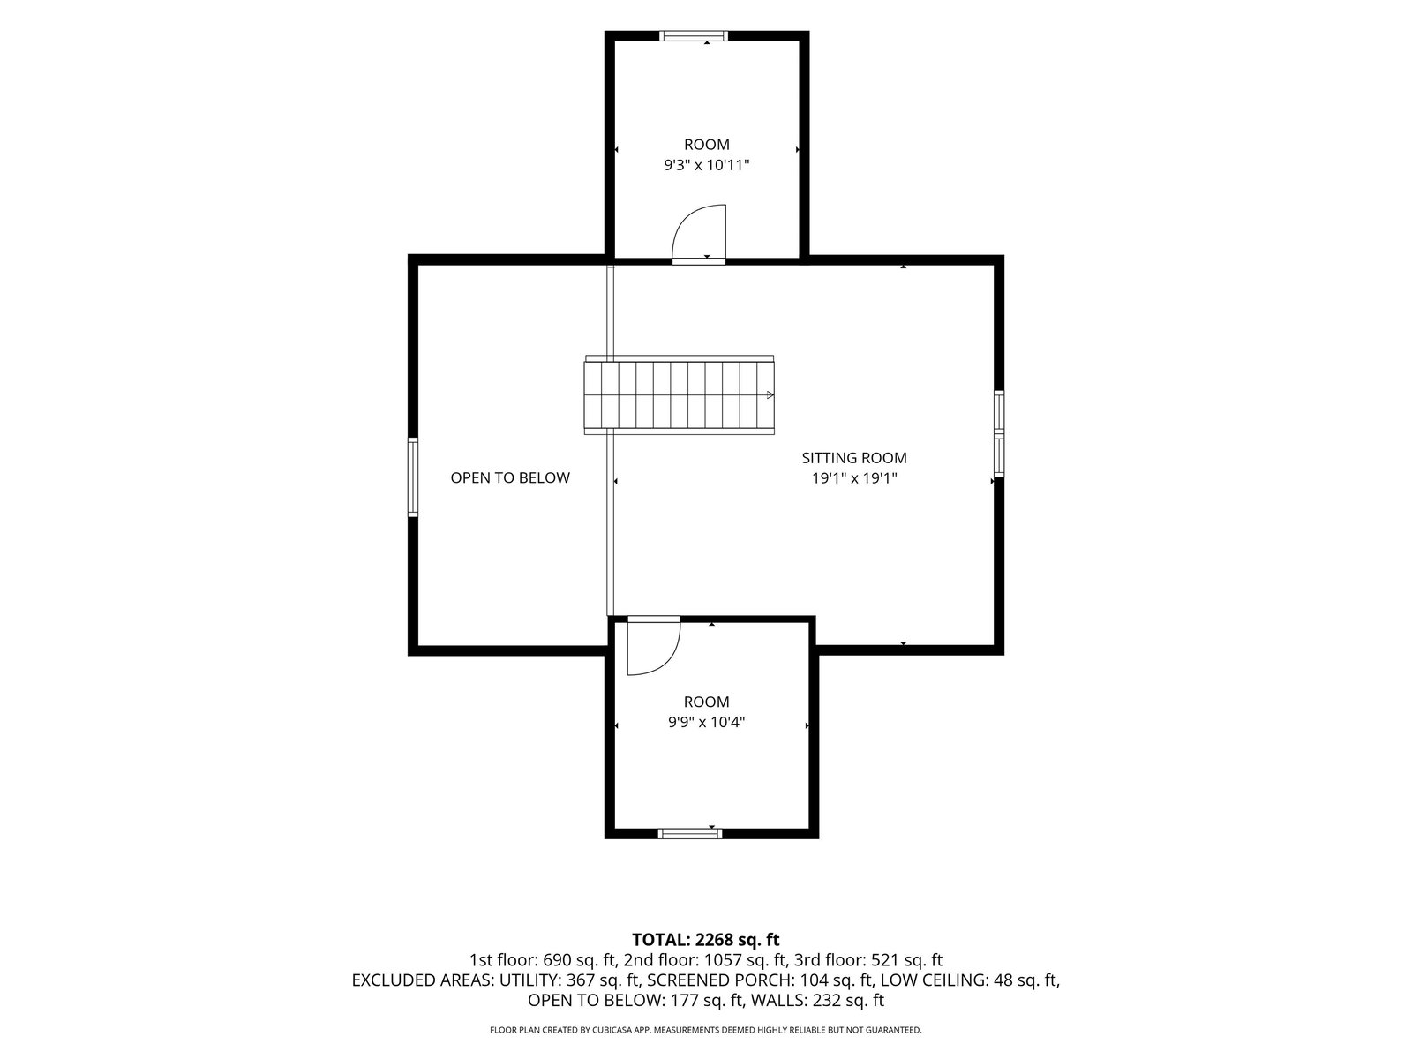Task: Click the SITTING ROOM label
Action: pyautogui.click(x=853, y=458)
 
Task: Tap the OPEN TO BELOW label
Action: pyautogui.click(x=510, y=477)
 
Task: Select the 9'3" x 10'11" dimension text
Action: pyautogui.click(x=707, y=165)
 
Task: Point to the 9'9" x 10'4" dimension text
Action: pyautogui.click(x=706, y=722)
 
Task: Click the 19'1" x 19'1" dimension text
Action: pyautogui.click(x=854, y=478)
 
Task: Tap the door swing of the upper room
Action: pyautogui.click(x=682, y=219)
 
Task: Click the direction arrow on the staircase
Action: pyautogui.click(x=770, y=394)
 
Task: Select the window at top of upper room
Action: pyautogui.click(x=694, y=36)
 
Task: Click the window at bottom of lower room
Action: pyautogui.click(x=689, y=834)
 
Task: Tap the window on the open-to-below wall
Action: pyautogui.click(x=413, y=477)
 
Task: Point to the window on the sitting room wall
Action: pyautogui.click(x=999, y=433)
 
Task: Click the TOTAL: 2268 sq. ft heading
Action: pyautogui.click(x=706, y=940)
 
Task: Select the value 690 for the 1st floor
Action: pyautogui.click(x=557, y=961)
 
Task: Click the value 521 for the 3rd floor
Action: pyautogui.click(x=884, y=961)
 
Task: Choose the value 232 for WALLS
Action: pyautogui.click(x=827, y=1001)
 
